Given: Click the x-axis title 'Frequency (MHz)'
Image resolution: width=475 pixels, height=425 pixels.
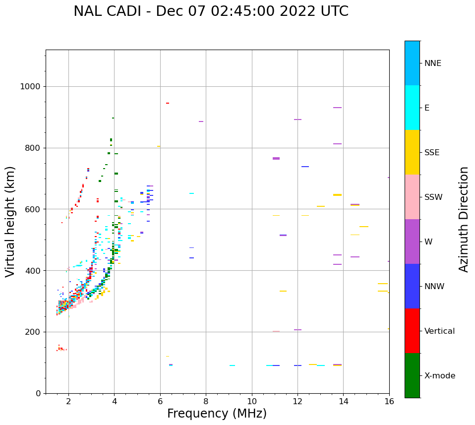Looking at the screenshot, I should [217, 414].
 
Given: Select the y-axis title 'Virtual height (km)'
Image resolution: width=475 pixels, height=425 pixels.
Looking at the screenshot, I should [10, 221].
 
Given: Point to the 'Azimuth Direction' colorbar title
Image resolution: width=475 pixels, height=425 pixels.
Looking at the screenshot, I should [464, 219].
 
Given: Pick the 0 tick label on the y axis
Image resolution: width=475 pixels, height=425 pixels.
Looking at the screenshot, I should [38, 393].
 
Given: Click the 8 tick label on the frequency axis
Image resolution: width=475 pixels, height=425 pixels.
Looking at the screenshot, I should [206, 401].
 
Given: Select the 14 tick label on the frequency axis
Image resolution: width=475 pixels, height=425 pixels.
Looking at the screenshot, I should [343, 401].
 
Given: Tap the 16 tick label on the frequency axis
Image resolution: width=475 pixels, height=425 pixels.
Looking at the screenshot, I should [389, 401].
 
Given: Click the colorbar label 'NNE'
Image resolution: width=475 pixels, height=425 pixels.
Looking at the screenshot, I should [432, 63].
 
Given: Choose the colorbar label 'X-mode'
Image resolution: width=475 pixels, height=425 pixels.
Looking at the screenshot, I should [439, 376].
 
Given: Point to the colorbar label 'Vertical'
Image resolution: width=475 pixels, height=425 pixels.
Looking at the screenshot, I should [439, 331].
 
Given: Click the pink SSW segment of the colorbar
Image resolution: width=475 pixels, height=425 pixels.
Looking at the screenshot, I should [412, 197].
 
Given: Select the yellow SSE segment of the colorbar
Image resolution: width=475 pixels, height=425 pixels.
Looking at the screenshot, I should [412, 152].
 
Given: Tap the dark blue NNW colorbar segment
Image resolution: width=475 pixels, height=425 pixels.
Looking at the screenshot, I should [412, 286].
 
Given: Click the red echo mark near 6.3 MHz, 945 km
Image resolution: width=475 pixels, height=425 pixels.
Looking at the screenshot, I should [168, 103].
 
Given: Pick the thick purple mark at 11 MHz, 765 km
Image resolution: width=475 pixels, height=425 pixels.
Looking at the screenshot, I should [276, 158].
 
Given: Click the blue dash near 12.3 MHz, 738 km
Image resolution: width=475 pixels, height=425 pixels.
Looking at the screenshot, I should [305, 167].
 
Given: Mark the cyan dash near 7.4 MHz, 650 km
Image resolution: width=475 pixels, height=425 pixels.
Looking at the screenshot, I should [191, 193].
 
